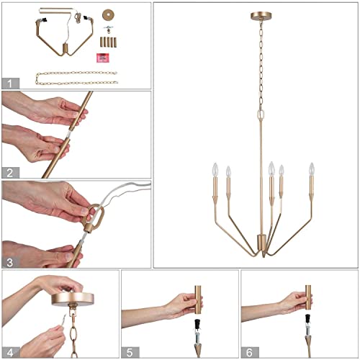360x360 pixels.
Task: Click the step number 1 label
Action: click(x=9, y=82)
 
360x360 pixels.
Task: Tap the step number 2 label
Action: click(x=9, y=171)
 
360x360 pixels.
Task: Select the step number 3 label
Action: click(x=9, y=261)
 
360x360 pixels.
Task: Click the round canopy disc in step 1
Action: click(x=109, y=14)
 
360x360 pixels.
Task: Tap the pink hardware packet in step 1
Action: click(x=103, y=56)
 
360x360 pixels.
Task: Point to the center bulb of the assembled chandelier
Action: click(x=271, y=170)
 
